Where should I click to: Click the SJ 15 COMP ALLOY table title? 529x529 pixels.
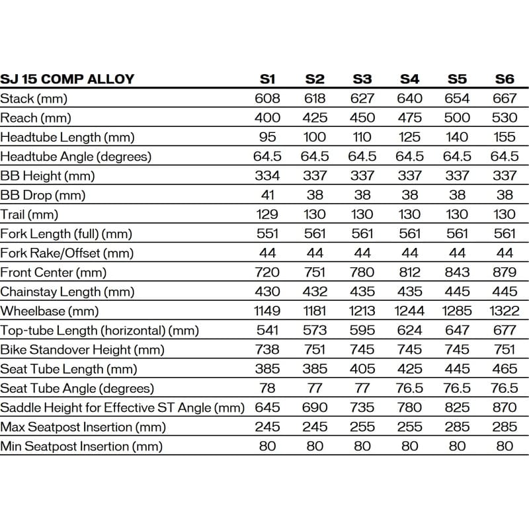[x=67, y=79]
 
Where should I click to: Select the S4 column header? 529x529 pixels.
[x=409, y=79]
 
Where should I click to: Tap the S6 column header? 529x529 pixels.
[x=505, y=79]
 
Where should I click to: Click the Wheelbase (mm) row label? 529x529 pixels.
[x=49, y=311]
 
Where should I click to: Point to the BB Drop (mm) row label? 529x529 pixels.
[x=43, y=195]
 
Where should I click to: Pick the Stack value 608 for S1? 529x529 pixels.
[x=267, y=99]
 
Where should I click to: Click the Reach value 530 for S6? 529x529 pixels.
[x=505, y=118]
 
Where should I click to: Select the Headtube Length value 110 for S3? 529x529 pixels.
[x=362, y=138]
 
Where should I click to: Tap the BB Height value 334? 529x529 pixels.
[x=267, y=176]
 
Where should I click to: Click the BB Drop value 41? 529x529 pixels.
[x=267, y=195]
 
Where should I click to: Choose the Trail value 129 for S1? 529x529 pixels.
[x=267, y=214]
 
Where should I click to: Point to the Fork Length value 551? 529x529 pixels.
[x=267, y=233]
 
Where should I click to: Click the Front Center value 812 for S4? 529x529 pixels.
[x=409, y=272]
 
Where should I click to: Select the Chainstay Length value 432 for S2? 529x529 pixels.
[x=315, y=292]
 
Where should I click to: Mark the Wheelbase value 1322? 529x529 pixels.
[x=505, y=311]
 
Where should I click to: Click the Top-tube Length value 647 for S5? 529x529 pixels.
[x=457, y=330]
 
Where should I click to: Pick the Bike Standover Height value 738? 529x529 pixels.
[x=267, y=349]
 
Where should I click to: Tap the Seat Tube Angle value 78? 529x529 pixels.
[x=267, y=388]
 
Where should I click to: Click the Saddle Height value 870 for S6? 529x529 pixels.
[x=505, y=407]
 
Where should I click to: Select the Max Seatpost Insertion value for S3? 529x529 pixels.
[x=362, y=427]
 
